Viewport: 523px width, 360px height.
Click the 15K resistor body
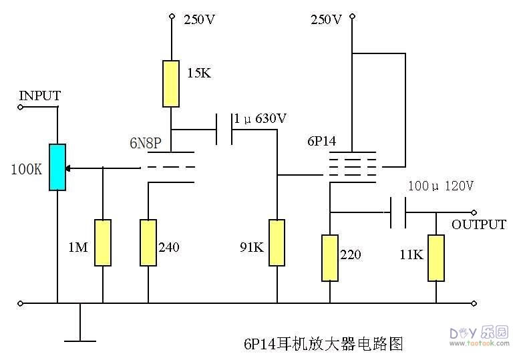tap(172, 83)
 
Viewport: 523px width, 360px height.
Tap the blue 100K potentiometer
tap(57, 167)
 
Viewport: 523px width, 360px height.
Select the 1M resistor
tap(102, 242)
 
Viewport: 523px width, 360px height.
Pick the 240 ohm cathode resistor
tap(148, 242)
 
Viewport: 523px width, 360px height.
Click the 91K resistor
tap(277, 242)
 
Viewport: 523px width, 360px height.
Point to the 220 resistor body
tap(329, 257)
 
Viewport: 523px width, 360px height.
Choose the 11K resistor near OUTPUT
tap(435, 257)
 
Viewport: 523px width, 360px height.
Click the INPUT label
tap(40, 96)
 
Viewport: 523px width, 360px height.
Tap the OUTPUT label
tap(478, 224)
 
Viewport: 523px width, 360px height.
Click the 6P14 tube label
tap(321, 142)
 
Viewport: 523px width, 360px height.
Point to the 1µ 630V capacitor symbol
tap(224, 129)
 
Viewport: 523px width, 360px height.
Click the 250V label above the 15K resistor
tap(199, 19)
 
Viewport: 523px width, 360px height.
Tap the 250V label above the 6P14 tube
tap(326, 19)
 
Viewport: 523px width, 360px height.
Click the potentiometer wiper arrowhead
tap(69, 168)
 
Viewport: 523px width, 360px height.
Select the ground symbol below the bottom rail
tap(80, 339)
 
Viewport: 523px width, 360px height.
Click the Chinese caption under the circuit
tap(324, 344)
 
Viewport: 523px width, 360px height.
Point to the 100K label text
tap(26, 168)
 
